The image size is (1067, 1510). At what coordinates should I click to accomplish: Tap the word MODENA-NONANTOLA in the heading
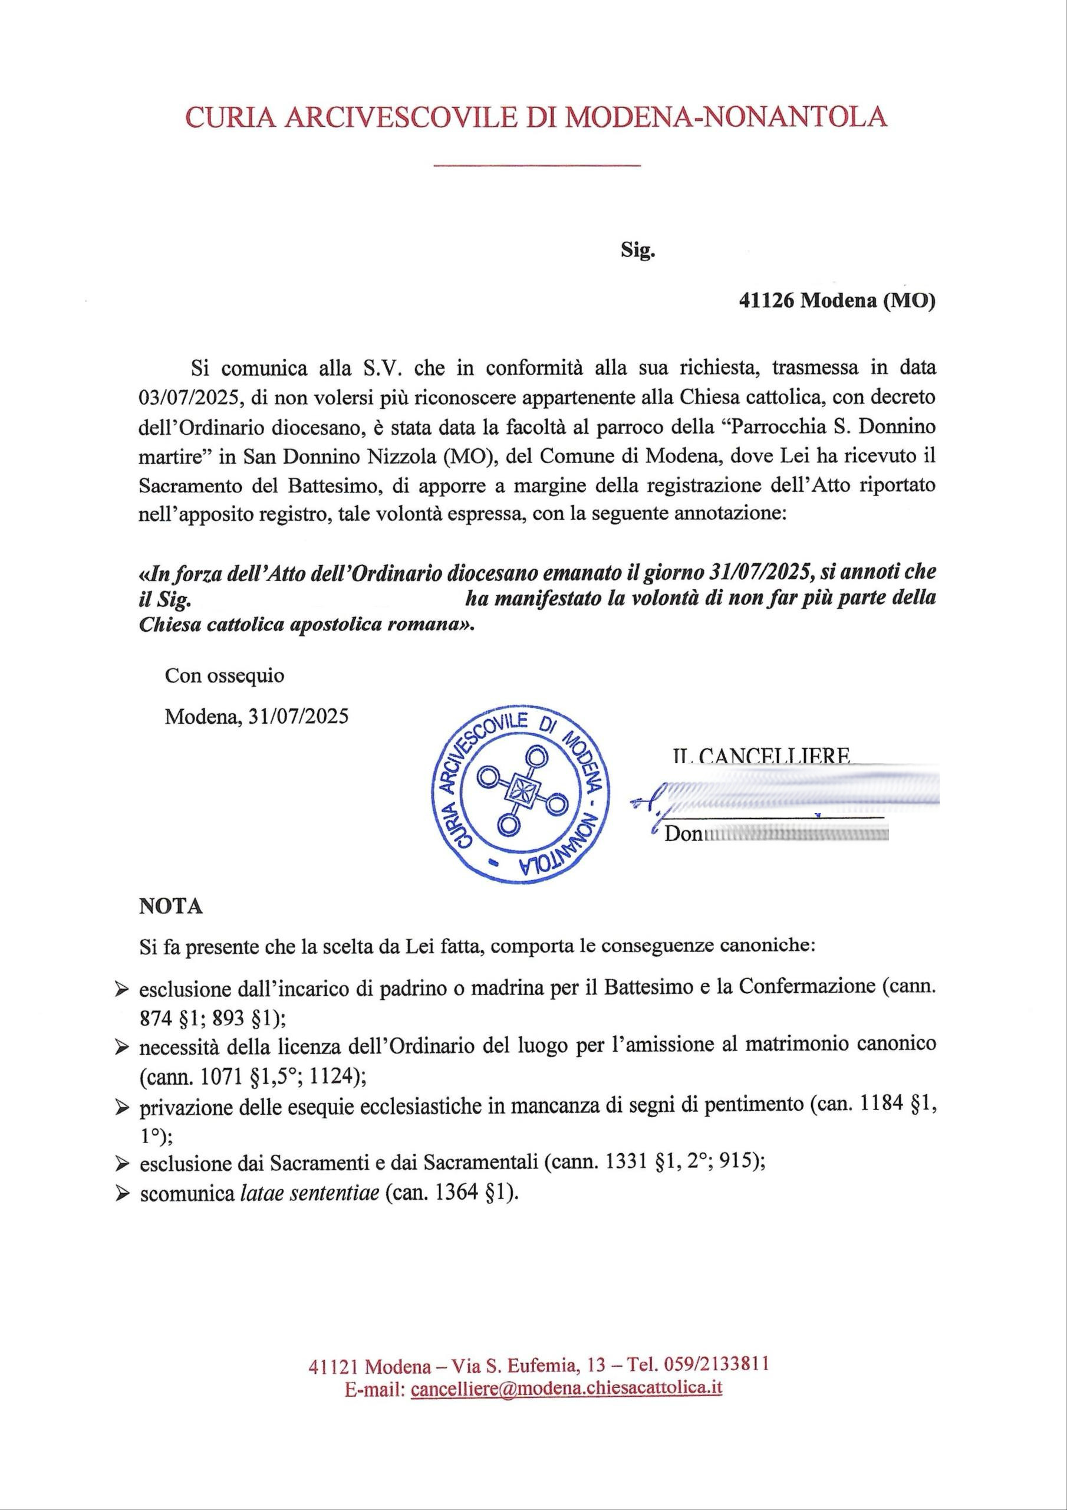point(726,116)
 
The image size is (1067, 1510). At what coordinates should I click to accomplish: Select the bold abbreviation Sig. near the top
point(638,250)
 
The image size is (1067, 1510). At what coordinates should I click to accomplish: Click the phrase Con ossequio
point(224,675)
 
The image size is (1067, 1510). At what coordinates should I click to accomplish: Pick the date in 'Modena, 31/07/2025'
point(298,715)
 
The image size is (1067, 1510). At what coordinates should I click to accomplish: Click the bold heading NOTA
point(170,906)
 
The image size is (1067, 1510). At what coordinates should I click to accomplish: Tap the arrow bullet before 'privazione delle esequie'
point(121,1108)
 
